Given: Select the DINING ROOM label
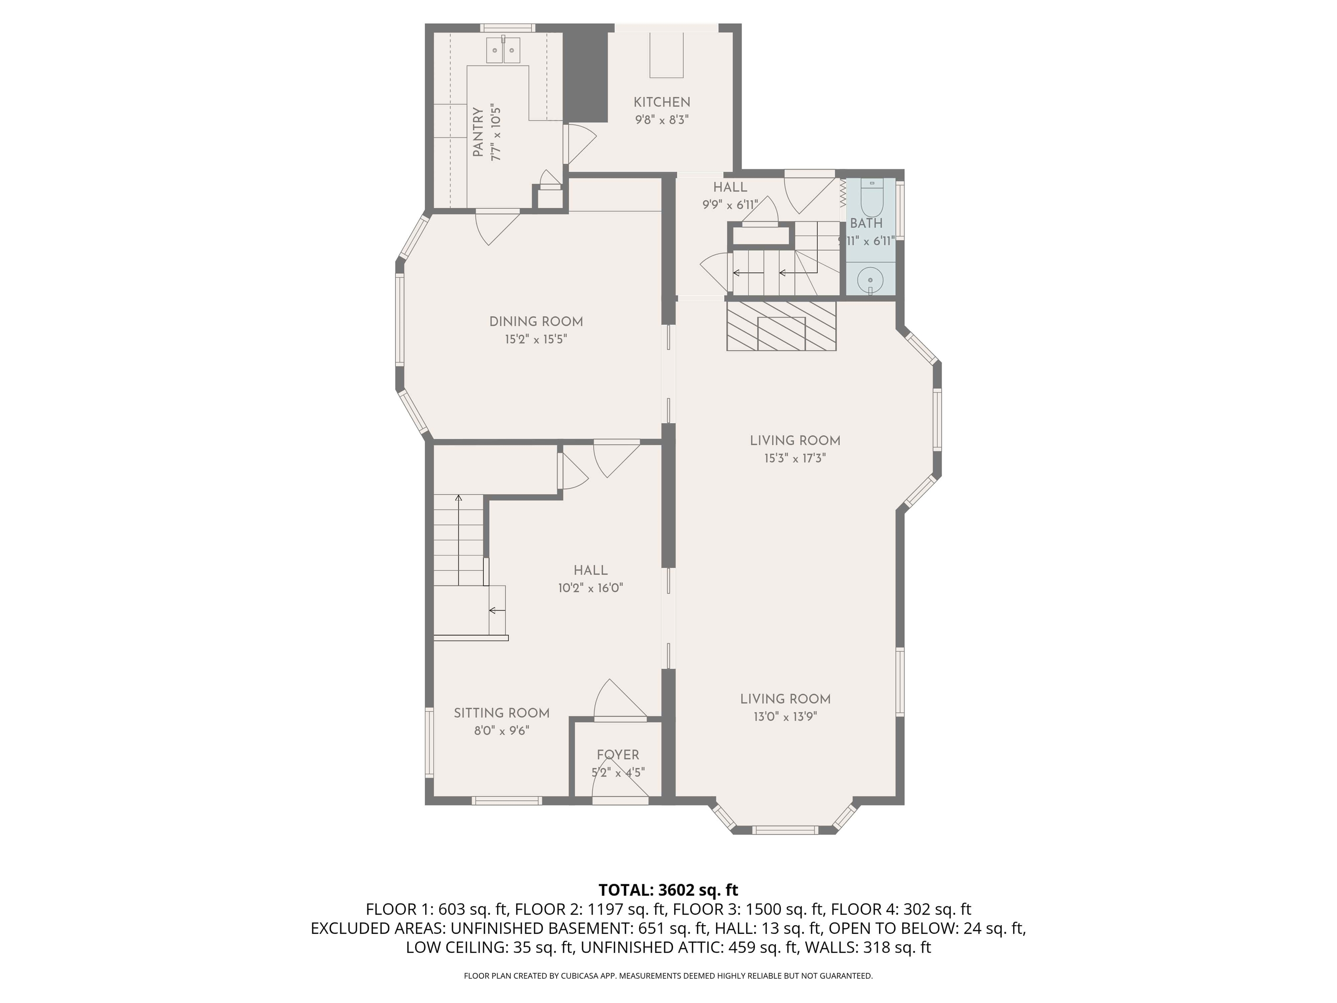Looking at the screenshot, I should [536, 322].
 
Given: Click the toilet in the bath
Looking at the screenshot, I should [871, 199].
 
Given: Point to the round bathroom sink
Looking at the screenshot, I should [870, 280].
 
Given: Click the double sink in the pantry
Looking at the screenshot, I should [504, 50].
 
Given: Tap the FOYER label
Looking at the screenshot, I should [618, 754].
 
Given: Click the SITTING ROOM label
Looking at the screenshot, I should [502, 713].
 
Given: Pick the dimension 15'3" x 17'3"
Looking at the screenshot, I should [795, 458].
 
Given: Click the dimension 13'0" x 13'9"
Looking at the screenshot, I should [785, 717].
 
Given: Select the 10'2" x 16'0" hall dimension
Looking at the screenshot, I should [591, 588].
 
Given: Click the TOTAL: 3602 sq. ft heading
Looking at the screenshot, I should [668, 890].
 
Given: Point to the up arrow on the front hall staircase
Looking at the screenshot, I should [459, 499].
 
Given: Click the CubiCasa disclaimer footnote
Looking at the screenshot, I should [668, 976].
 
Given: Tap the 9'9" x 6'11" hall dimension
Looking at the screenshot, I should [729, 205].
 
